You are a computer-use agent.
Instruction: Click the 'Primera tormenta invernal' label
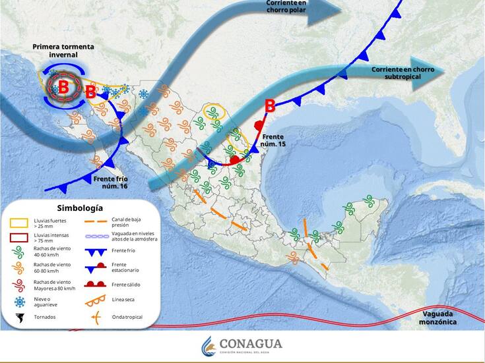click(x=63, y=51)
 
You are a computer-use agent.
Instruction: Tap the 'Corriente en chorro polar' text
click(x=286, y=7)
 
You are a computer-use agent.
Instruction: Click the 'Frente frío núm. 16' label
click(x=110, y=182)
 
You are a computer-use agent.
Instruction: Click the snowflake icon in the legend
click(x=19, y=302)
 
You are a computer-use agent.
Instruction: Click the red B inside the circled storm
click(x=63, y=87)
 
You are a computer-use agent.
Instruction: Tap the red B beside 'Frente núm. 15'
click(x=269, y=105)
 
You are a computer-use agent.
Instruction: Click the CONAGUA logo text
click(x=250, y=344)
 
